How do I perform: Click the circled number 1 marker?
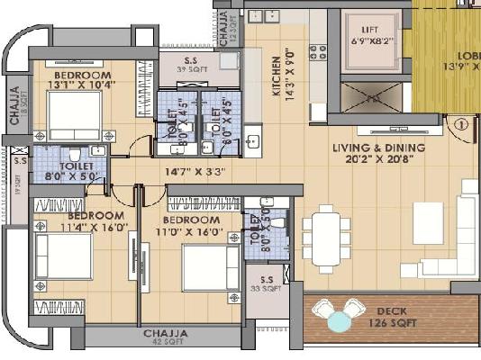(460, 126)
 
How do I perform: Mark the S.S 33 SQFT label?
(267, 285)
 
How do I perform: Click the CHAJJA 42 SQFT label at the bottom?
(166, 337)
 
